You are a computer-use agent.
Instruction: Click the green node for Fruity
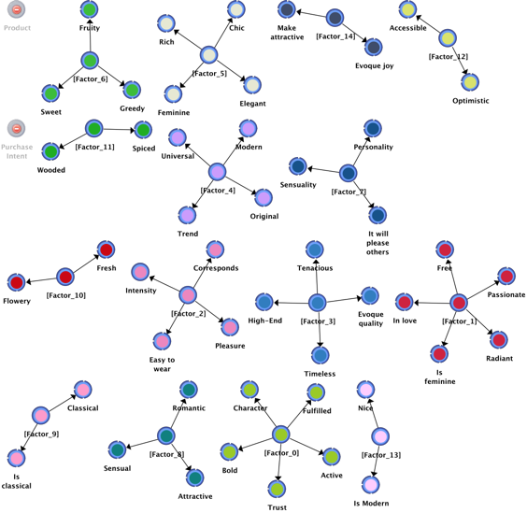90,9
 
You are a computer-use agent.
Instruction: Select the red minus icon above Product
16,9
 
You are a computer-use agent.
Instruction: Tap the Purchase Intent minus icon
16,128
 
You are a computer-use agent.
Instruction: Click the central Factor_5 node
208,55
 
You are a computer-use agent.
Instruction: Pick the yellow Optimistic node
470,82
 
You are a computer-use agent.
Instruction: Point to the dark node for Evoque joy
374,47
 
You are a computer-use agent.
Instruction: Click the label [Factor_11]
94,148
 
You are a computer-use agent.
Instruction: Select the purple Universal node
178,137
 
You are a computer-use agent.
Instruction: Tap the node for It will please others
377,215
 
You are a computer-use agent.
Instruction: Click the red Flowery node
16,282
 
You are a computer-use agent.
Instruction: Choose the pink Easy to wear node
162,341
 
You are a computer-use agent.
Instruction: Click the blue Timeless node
320,355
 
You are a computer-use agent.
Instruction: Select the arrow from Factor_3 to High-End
292,304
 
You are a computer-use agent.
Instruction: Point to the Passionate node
506,277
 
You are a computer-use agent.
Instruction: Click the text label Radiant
500,359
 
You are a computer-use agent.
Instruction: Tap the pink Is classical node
16,458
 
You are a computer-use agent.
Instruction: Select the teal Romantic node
189,390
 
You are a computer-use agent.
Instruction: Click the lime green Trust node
277,489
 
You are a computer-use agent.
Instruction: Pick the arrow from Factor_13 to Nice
373,413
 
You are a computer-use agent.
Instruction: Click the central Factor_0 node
280,435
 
